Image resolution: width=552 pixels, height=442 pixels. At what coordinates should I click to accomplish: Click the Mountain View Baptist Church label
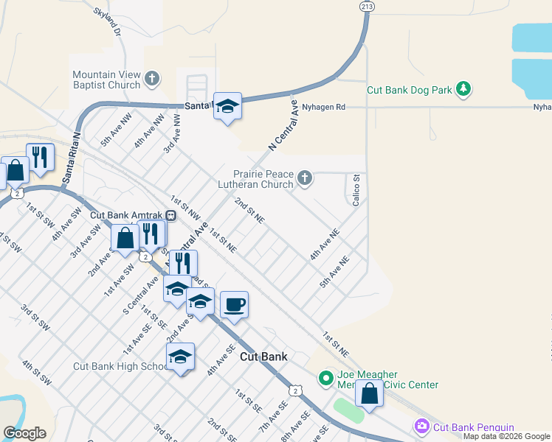(106, 80)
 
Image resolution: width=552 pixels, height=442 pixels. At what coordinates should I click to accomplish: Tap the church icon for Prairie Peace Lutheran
(305, 178)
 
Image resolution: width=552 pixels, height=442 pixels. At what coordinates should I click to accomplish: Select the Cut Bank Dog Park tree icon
(463, 90)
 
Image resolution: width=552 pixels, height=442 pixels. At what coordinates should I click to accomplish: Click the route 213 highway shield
(367, 6)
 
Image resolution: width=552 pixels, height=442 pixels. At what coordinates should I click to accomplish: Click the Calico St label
(356, 189)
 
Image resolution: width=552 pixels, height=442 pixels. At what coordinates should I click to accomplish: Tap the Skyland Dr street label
(107, 22)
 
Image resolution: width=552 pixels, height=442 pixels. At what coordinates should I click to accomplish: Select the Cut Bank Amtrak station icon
(170, 215)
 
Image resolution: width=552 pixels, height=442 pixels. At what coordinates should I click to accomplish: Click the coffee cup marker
(234, 304)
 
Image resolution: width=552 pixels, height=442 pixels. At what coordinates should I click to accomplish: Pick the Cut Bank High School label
(120, 366)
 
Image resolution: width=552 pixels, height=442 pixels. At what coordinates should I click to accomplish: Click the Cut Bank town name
(263, 357)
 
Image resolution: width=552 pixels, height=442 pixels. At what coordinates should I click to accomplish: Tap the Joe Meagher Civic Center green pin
(325, 379)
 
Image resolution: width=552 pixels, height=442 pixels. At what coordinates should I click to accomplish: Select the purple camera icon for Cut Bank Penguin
(421, 427)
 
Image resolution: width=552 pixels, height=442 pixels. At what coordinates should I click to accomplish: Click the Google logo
(24, 433)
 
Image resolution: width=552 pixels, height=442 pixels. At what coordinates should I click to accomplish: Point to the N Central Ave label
(282, 125)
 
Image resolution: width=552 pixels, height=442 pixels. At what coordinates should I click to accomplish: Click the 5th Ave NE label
(334, 272)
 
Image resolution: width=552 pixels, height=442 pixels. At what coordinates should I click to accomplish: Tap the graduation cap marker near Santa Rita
(227, 106)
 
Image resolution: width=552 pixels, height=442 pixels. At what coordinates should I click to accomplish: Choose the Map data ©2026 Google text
(506, 436)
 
